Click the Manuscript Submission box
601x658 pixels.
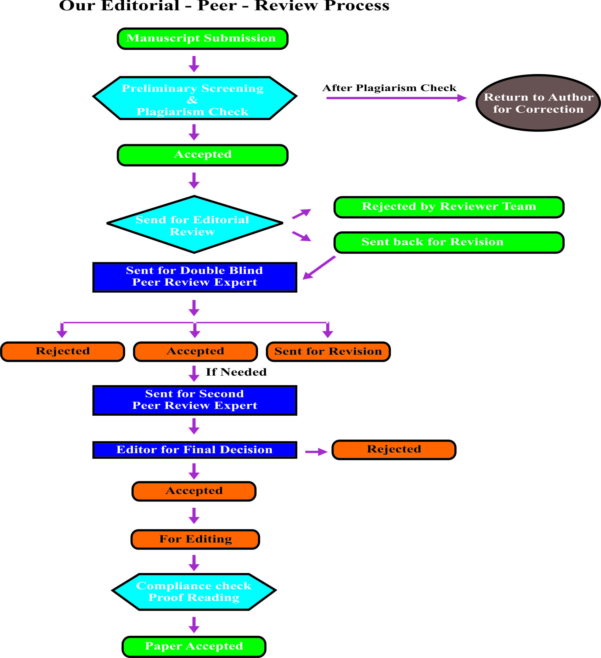(202, 39)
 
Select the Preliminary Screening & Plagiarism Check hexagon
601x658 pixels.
(195, 98)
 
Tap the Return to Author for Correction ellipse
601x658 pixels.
(538, 103)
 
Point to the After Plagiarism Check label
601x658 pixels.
(389, 88)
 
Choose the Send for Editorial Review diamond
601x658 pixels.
(195, 225)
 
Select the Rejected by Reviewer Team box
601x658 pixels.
(449, 207)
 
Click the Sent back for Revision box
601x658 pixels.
(449, 242)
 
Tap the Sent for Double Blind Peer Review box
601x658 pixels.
(195, 277)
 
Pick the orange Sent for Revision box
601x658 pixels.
(328, 352)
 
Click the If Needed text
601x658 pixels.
(236, 372)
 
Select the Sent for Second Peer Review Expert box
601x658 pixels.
(195, 400)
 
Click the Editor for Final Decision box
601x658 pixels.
(195, 450)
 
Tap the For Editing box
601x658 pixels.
(195, 539)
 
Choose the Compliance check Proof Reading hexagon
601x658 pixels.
(194, 592)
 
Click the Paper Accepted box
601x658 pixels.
(194, 646)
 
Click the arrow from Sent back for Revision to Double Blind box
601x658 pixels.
(319, 268)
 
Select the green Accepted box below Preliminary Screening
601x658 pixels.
(202, 155)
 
